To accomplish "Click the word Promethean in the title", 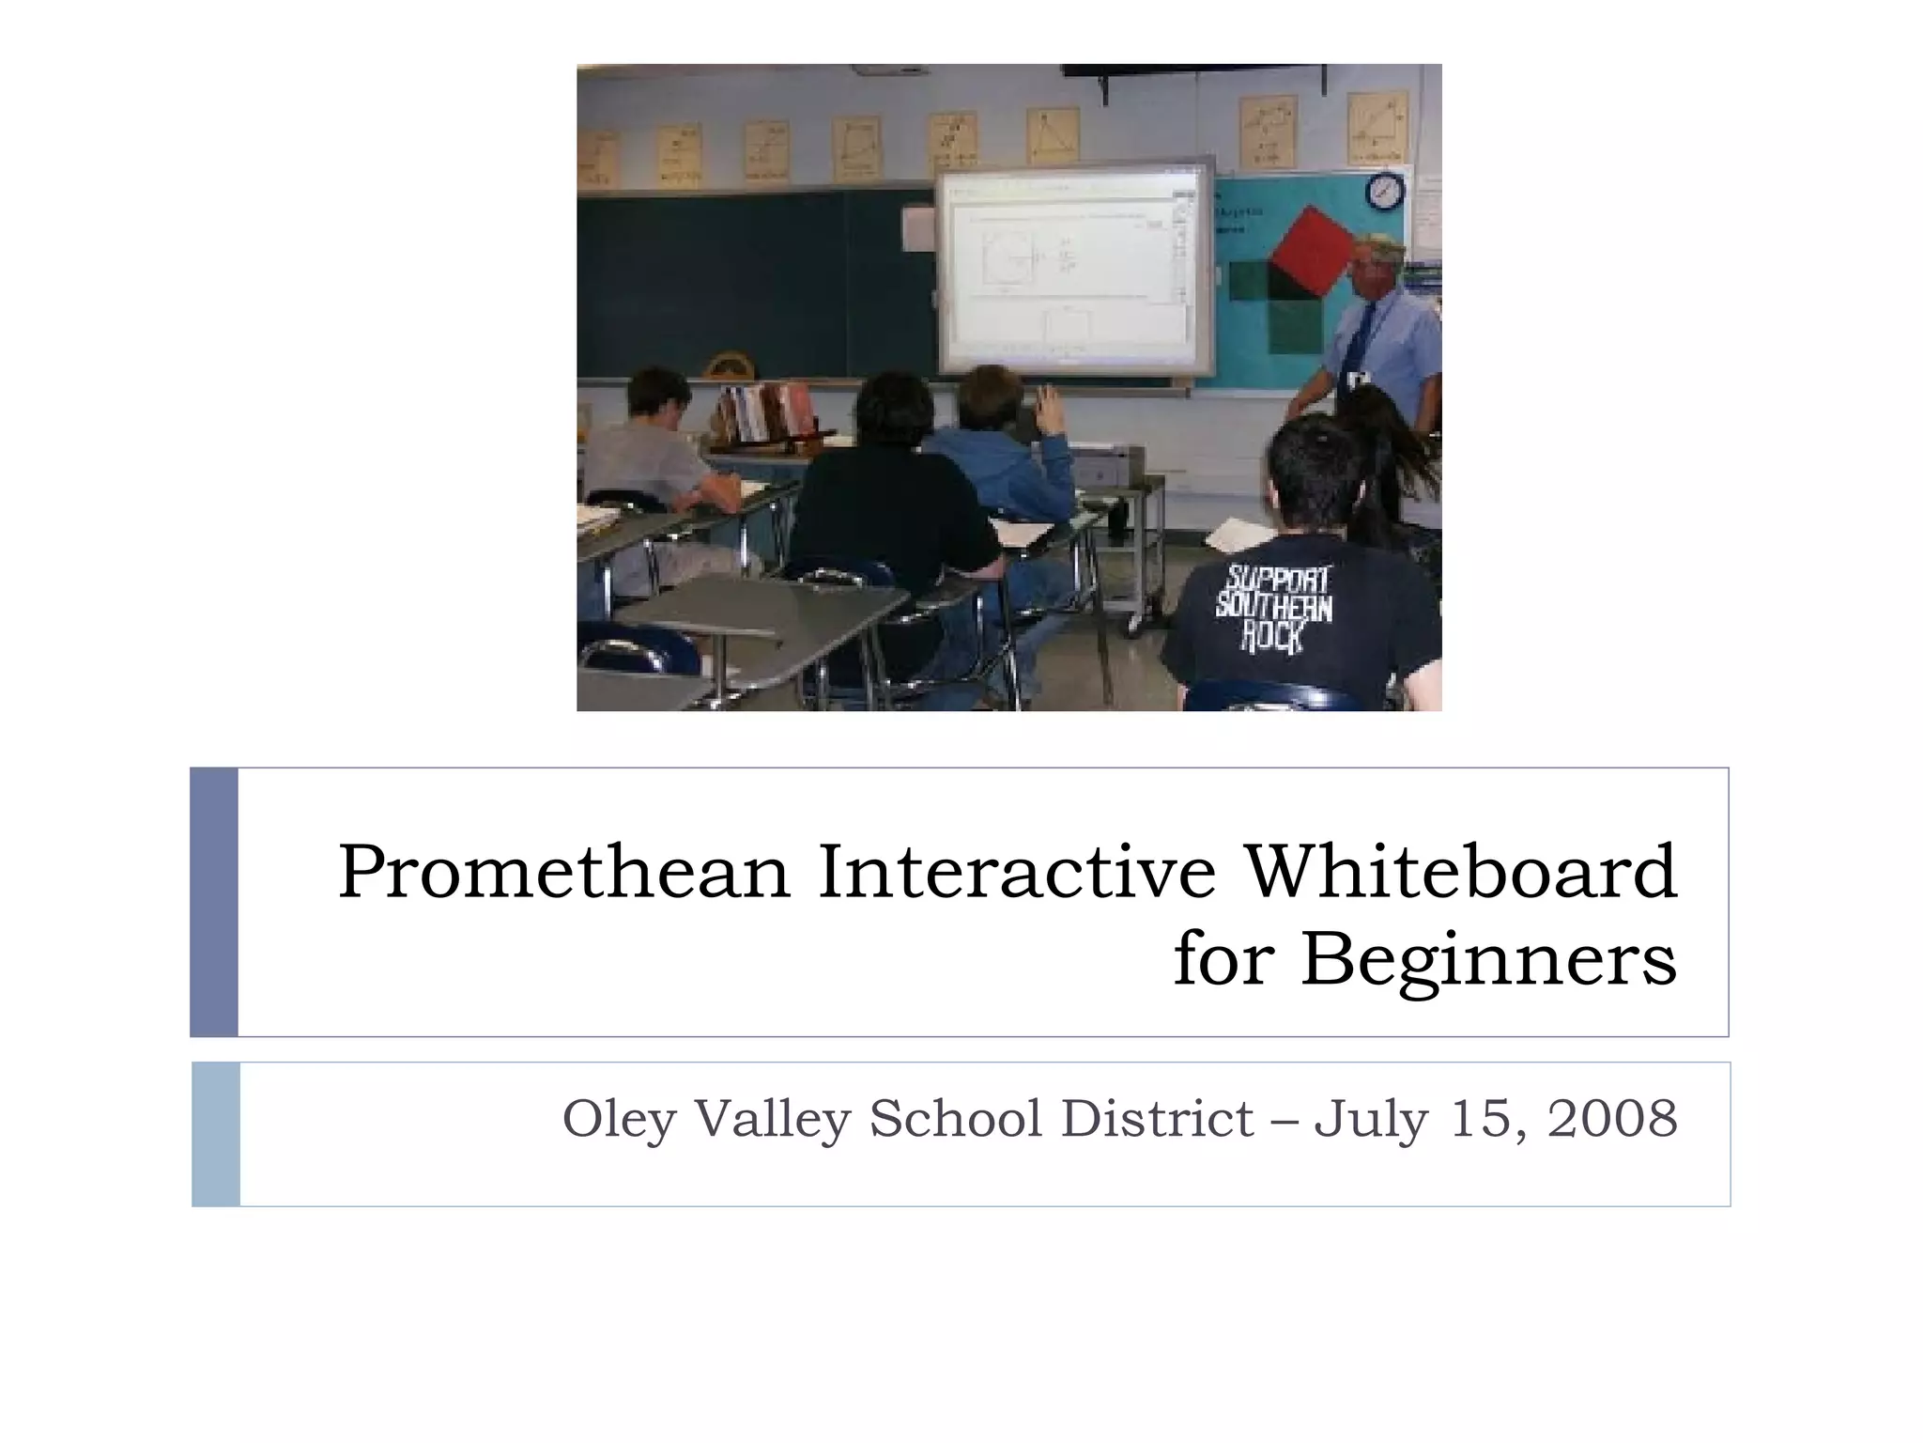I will click(564, 872).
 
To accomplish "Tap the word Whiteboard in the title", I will click(1460, 872).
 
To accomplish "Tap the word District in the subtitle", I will click(1157, 1118).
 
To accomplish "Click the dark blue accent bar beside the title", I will click(214, 902).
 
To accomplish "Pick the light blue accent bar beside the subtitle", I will click(215, 1134).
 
